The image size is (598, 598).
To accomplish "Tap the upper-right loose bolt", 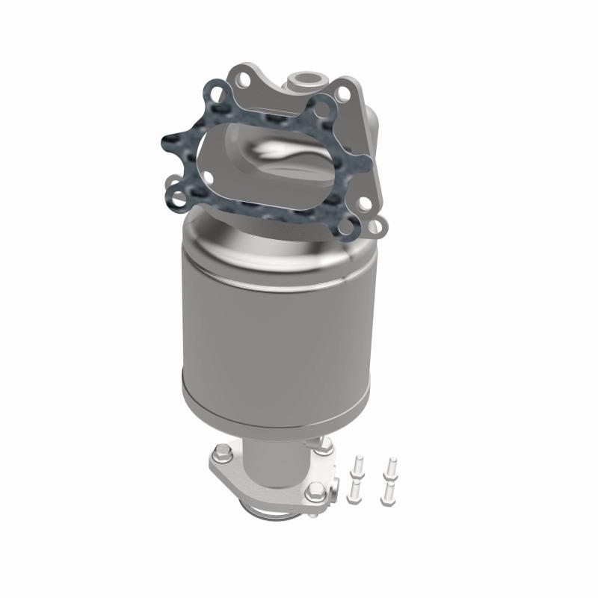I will (389, 466).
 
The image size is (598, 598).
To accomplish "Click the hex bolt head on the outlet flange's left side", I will (222, 451).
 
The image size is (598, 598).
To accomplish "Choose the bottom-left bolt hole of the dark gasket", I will (176, 197).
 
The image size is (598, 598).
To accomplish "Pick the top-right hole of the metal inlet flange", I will (344, 93).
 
